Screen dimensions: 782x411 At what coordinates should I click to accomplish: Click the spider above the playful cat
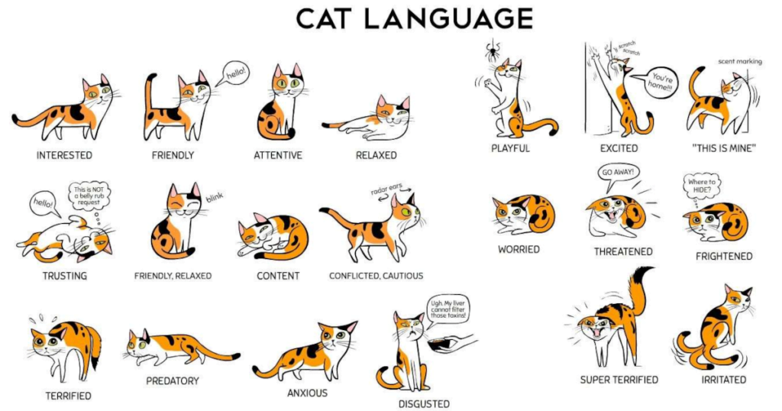click(x=493, y=50)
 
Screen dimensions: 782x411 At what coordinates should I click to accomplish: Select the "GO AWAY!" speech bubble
click(x=618, y=176)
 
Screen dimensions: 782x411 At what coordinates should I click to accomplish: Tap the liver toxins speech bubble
click(x=448, y=310)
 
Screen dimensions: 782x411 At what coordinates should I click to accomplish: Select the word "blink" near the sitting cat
click(x=215, y=198)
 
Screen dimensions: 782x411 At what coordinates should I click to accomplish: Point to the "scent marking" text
click(x=740, y=61)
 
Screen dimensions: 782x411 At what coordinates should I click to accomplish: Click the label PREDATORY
click(x=173, y=381)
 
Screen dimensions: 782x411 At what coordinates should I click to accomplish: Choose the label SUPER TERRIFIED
click(x=619, y=380)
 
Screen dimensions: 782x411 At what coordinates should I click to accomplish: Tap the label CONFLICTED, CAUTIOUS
click(x=376, y=276)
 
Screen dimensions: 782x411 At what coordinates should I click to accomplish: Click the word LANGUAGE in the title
click(x=448, y=19)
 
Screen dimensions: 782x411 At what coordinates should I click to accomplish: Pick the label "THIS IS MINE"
click(x=724, y=148)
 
